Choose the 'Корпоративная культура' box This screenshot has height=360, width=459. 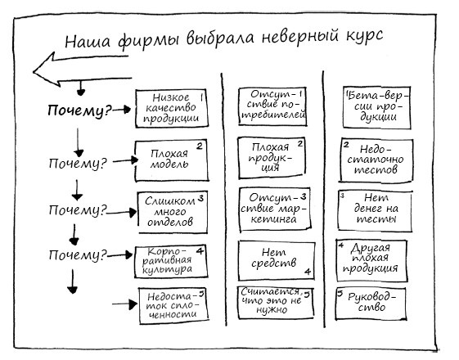click(x=169, y=259)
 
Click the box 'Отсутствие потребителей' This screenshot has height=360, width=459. click(x=272, y=107)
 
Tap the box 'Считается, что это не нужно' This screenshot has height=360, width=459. click(x=272, y=304)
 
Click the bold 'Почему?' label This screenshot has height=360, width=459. click(x=79, y=111)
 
